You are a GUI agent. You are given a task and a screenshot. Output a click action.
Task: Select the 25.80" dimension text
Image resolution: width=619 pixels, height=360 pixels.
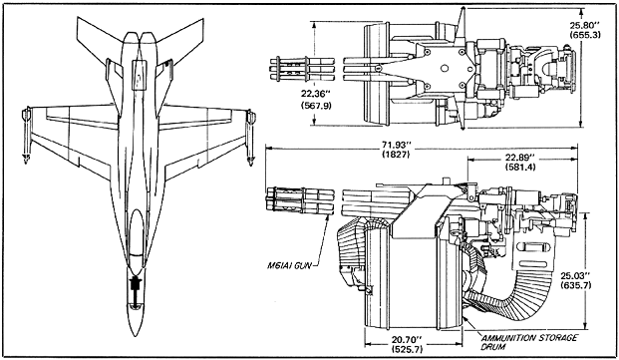585,26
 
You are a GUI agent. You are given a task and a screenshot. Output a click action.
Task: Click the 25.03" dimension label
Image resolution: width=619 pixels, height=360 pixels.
575,275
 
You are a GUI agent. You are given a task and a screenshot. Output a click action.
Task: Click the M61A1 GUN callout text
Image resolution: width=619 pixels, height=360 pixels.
289,265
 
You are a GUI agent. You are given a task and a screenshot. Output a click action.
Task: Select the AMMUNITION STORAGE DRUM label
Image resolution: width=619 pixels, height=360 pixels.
529,342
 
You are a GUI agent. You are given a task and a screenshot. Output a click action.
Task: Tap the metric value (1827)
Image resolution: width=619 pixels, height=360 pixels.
397,154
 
